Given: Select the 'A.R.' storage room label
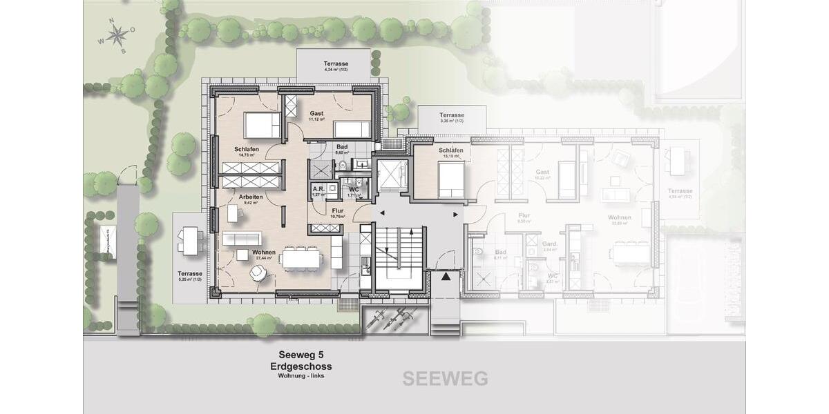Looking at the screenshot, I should tap(318, 188).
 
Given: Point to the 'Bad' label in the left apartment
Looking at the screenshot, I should tap(341, 147).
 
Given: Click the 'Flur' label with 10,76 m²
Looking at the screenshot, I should tap(338, 211).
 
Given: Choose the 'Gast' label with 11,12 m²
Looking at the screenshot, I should tap(316, 113).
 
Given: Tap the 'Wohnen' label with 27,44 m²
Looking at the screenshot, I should tap(264, 253).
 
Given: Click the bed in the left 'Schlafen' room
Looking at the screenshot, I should tap(263, 126).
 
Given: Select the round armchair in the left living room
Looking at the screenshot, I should tap(257, 274).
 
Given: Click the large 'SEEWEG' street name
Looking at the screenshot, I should tap(445, 378).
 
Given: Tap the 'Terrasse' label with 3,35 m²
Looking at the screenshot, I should tap(452, 115).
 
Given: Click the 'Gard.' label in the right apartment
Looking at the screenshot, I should tap(530, 244).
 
